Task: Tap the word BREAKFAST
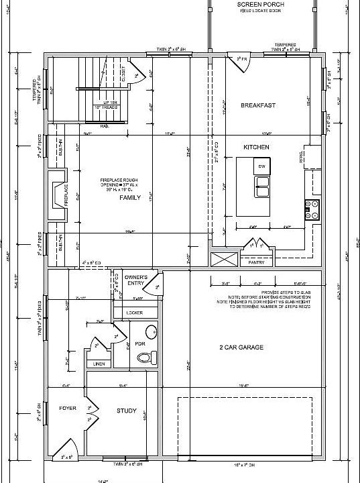pyautogui.click(x=259, y=105)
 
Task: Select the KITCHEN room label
pyautogui.click(x=256, y=147)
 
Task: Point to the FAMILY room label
pyautogui.click(x=130, y=199)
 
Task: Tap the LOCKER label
pyautogui.click(x=134, y=313)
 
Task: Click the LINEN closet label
pyautogui.click(x=99, y=364)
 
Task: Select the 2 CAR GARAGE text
pyautogui.click(x=241, y=347)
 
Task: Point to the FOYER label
pyautogui.click(x=67, y=408)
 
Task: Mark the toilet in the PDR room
pyautogui.click(x=152, y=356)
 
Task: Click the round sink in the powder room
pyautogui.click(x=152, y=331)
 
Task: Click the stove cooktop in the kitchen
pyautogui.click(x=312, y=210)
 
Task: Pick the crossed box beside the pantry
pyautogui.click(x=219, y=259)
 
